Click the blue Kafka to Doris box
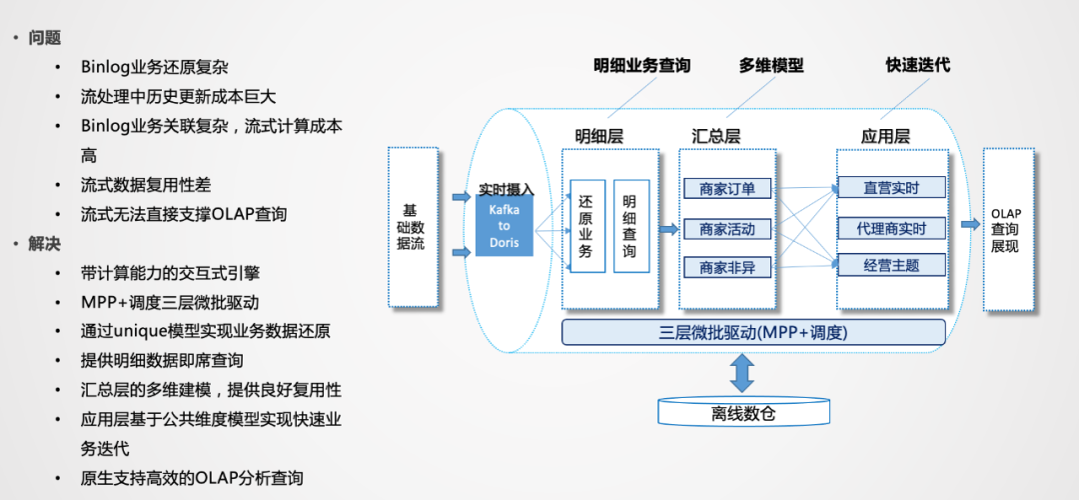point(505,227)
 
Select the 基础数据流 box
point(413,227)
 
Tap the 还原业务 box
point(585,225)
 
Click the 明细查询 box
point(629,225)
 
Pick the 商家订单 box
point(727,188)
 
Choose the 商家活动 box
point(727,229)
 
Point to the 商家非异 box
point(727,267)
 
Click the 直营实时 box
point(891,187)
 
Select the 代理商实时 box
point(891,228)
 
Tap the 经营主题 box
point(891,265)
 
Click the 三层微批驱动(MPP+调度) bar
point(753,332)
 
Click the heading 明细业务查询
point(641,66)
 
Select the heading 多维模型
point(771,66)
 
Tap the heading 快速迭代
point(917,65)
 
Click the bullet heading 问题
point(45,38)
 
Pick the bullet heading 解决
point(45,244)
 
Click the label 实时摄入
point(507,188)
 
